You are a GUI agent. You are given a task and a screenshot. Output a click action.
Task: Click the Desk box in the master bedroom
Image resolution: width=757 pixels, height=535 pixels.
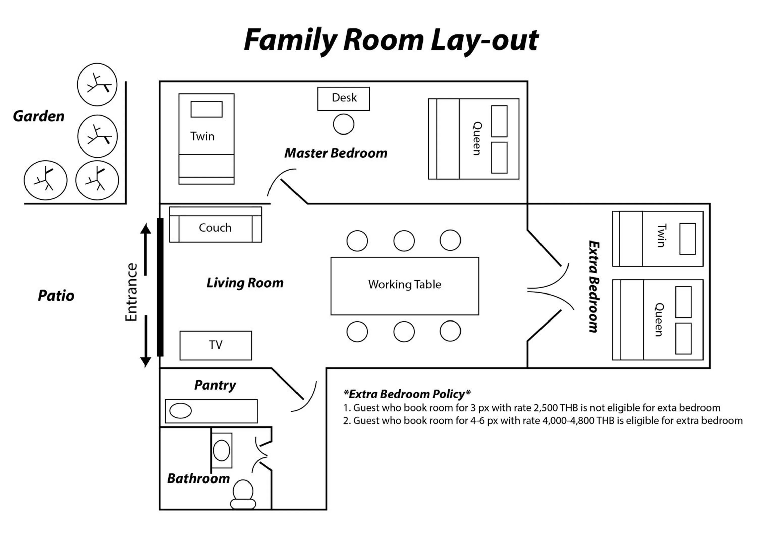tap(343, 99)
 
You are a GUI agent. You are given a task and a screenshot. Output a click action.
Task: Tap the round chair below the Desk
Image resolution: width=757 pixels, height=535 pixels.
tap(343, 124)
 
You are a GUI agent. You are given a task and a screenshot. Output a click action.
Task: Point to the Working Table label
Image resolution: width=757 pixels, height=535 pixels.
tap(404, 284)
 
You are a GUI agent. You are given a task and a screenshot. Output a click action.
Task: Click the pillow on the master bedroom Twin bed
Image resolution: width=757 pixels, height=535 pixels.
tap(206, 109)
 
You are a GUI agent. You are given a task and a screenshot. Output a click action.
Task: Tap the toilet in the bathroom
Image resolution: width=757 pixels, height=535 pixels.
tap(243, 494)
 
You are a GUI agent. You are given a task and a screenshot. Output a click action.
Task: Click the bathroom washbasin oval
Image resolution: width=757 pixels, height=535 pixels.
tap(221, 450)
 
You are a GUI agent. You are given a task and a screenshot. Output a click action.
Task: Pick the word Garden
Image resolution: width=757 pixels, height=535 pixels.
tap(39, 116)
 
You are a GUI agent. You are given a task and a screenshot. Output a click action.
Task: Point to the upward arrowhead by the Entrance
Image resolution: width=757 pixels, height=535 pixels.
tap(145, 228)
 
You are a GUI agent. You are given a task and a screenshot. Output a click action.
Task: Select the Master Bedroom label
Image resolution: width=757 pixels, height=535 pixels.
tap(336, 153)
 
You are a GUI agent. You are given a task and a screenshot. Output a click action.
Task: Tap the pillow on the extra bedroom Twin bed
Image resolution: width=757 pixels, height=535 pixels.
tap(687, 239)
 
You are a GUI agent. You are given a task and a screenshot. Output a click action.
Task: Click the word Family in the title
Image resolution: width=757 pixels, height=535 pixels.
tap(290, 40)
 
